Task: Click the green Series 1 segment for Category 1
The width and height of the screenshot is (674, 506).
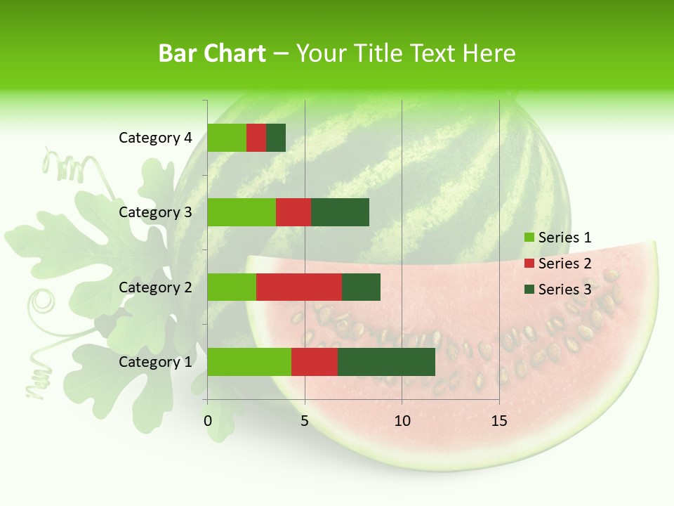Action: [249, 362]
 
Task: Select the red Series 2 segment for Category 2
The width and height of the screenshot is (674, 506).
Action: [299, 287]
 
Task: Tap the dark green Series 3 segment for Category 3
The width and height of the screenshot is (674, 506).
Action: [340, 212]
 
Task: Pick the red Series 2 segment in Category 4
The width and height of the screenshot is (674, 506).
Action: [256, 138]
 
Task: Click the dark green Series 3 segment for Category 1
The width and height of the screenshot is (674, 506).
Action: [386, 362]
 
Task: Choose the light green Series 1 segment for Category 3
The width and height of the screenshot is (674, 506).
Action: [242, 212]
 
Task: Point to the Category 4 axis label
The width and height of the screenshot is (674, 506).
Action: [155, 138]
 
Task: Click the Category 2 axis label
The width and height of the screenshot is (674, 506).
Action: [155, 287]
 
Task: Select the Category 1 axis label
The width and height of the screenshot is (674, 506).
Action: [155, 362]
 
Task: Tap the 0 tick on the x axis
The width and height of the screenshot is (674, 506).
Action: [208, 421]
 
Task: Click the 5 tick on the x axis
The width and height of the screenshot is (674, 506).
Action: [305, 421]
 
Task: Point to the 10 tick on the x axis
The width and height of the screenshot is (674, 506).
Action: [402, 421]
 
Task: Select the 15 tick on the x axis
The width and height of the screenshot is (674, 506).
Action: [498, 421]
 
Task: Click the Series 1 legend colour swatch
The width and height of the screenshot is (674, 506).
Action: [529, 238]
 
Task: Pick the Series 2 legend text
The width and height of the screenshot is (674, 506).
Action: [564, 264]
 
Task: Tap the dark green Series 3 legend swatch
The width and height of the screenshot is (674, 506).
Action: [529, 290]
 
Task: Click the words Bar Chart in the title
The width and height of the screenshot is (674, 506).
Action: [212, 53]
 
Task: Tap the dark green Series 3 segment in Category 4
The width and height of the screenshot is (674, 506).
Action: [276, 138]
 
